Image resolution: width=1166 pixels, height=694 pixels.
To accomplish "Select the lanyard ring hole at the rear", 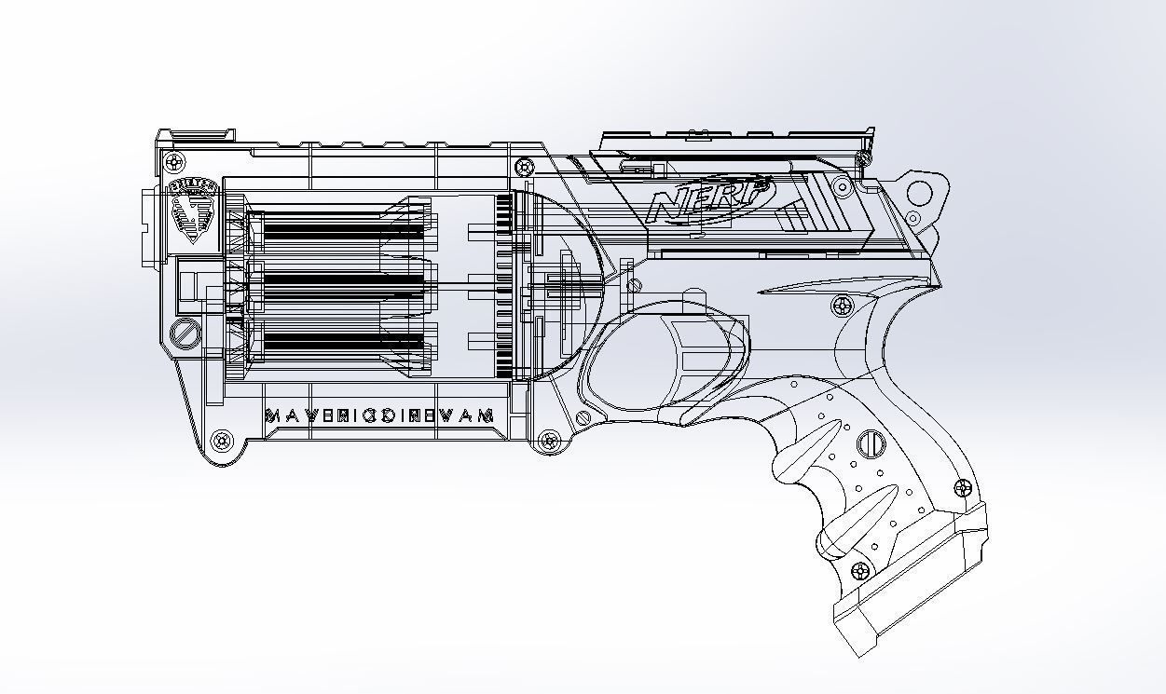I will pos(919,194).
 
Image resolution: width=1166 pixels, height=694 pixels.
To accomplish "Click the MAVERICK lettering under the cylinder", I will pos(379,415).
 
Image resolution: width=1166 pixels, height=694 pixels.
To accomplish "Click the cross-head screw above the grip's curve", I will pos(843,306).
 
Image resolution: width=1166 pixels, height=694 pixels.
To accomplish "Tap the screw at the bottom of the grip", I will pos(861,571).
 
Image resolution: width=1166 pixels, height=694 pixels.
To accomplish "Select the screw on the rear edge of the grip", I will pos(963,489).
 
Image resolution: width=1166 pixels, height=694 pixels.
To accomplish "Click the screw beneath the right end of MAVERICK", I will pos(547,438).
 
